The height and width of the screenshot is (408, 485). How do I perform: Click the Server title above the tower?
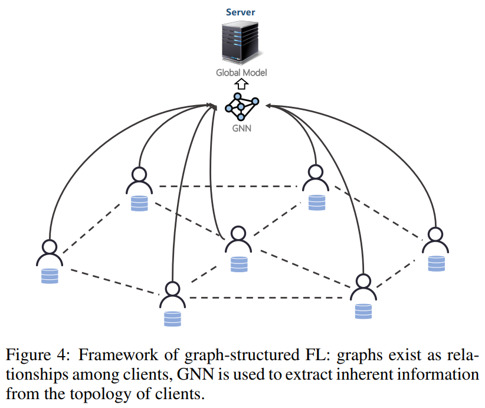pyautogui.click(x=240, y=12)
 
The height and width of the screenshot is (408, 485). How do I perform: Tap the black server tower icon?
pyautogui.click(x=240, y=43)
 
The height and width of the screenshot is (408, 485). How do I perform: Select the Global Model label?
pyautogui.click(x=241, y=73)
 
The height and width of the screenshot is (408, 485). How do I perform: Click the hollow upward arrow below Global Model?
pyautogui.click(x=241, y=84)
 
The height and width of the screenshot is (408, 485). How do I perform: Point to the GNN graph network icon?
pyautogui.click(x=241, y=106)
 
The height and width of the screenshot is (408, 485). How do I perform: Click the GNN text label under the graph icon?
pyautogui.click(x=241, y=128)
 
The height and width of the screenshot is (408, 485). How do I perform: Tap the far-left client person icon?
pyautogui.click(x=50, y=253)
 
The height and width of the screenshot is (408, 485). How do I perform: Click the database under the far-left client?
pyautogui.click(x=50, y=276)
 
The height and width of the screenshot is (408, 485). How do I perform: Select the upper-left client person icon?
pyautogui.click(x=139, y=181)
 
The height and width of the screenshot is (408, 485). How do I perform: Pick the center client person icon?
pyautogui.click(x=238, y=239)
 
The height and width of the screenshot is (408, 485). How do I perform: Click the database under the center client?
pyautogui.click(x=239, y=265)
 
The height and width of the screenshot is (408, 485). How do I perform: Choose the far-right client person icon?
pyautogui.click(x=435, y=240)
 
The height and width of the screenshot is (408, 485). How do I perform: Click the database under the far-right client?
pyautogui.click(x=437, y=263)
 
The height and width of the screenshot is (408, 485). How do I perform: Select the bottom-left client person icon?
pyautogui.click(x=173, y=295)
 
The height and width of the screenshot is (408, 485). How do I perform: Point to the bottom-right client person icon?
pyautogui.click(x=363, y=287)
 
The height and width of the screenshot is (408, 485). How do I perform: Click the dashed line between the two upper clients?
pyautogui.click(x=228, y=187)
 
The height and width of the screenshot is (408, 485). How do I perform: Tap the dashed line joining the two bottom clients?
pyautogui.click(x=266, y=298)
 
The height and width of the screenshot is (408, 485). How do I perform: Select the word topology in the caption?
pyautogui.click(x=100, y=394)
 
